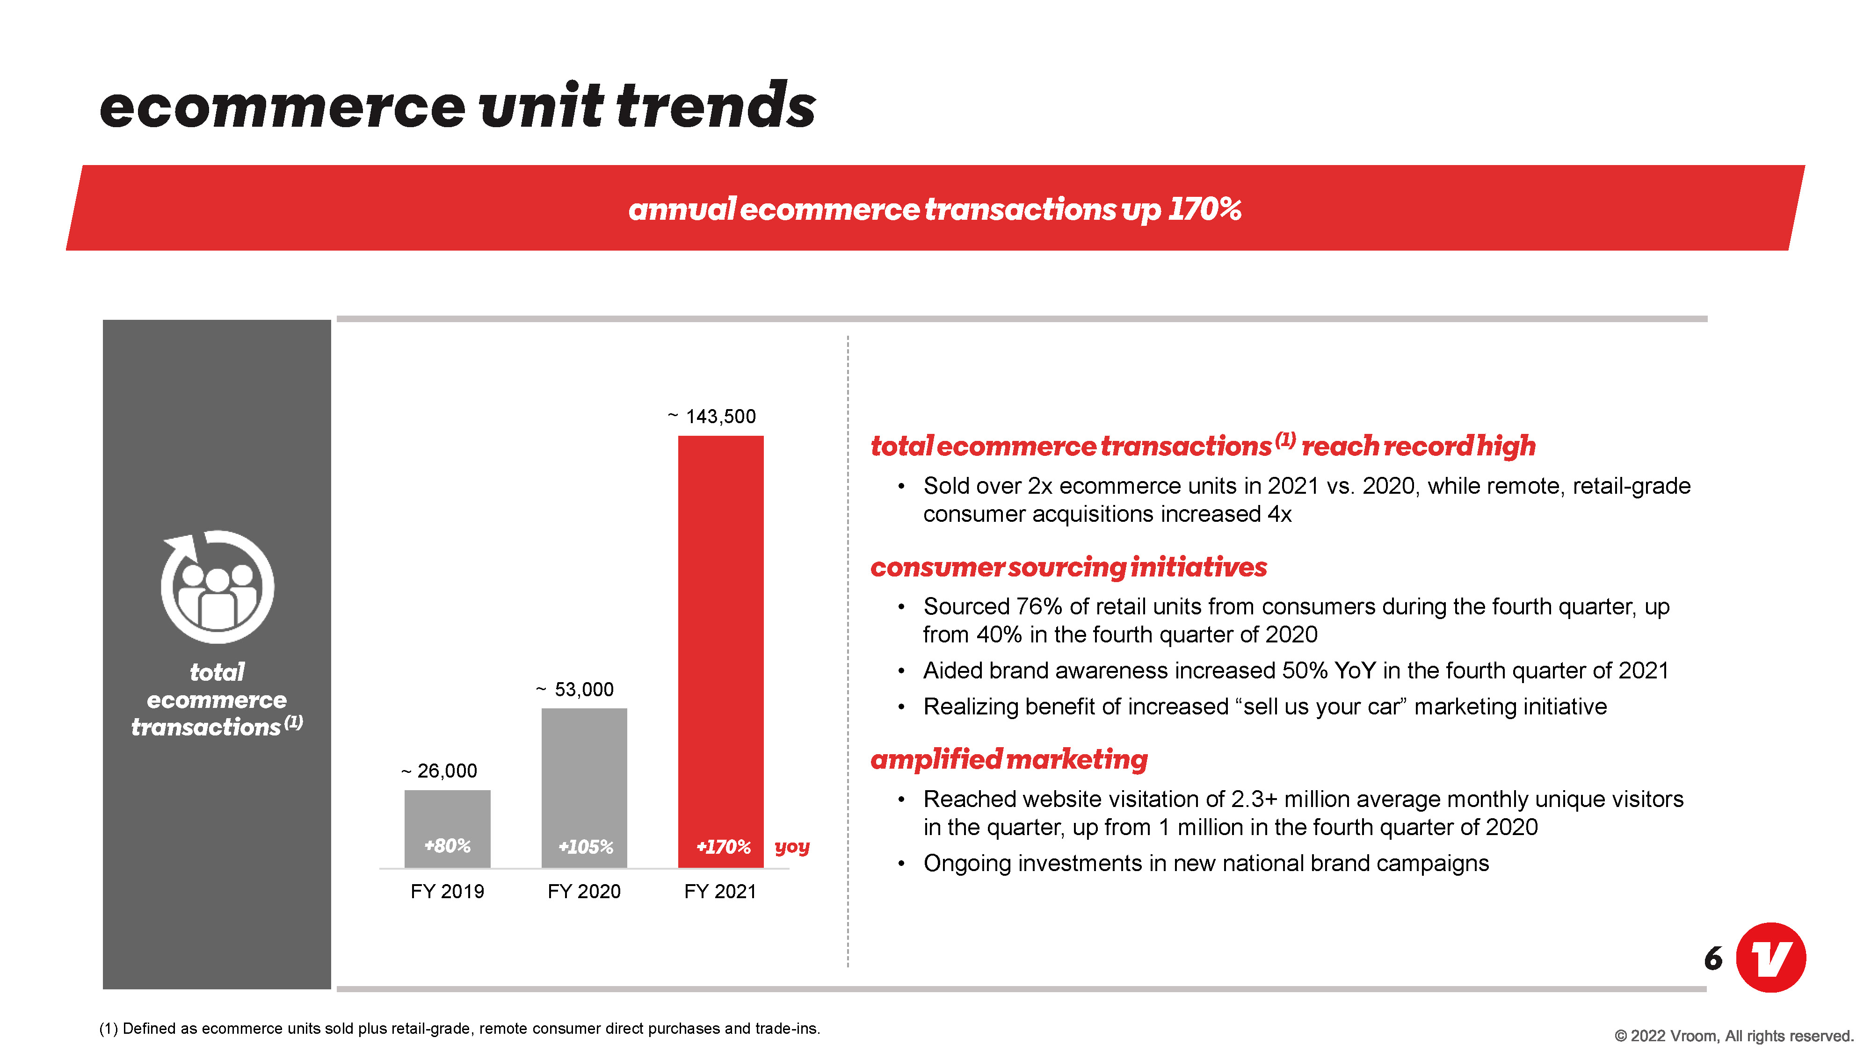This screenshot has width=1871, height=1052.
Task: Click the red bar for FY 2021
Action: pos(720,651)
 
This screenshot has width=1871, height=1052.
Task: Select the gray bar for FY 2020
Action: pos(584,788)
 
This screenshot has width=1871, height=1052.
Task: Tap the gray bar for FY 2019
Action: pos(448,829)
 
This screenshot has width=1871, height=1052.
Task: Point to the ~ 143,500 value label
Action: pos(712,416)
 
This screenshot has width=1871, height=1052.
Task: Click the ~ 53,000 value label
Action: pos(574,689)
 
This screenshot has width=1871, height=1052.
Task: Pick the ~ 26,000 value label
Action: pos(439,771)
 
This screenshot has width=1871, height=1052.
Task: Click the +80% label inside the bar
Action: pos(448,846)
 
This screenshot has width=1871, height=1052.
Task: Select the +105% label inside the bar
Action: pos(586,847)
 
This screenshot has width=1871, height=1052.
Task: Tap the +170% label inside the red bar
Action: pos(724,847)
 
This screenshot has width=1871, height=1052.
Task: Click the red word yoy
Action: pos(792,847)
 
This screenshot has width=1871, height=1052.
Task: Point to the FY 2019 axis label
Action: pos(448,892)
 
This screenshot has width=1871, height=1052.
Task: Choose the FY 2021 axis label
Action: pos(720,892)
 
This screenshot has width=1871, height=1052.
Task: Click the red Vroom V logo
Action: pos(1771,958)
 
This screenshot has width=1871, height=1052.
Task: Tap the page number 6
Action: pos(1713,958)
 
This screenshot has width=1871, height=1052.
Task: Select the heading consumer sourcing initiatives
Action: pos(1068,567)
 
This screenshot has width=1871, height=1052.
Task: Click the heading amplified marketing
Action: pos(1009,759)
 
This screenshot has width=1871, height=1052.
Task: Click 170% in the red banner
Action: pos(1205,209)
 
